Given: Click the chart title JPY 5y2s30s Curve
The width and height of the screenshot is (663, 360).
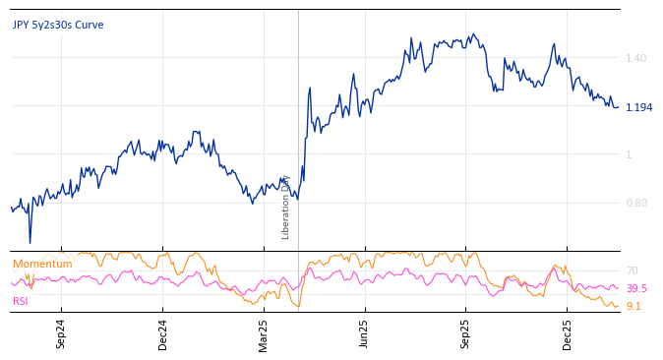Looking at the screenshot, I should [x=58, y=26].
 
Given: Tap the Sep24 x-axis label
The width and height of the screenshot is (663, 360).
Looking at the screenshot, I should [x=61, y=334].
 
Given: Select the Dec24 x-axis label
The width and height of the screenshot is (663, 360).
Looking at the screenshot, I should [x=163, y=334].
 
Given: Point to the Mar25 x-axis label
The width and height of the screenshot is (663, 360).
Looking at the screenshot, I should [x=264, y=334].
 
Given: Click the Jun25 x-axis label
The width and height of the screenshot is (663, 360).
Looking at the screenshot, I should [x=365, y=334].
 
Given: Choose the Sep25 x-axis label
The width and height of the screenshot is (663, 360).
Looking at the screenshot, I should [x=466, y=334].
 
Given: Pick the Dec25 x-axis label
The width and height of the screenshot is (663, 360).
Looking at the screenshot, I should [x=568, y=334].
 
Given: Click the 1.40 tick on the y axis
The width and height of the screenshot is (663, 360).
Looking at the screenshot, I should [x=636, y=59].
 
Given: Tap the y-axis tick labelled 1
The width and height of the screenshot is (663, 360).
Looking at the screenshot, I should [x=630, y=154].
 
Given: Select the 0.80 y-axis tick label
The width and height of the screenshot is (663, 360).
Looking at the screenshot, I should [x=636, y=204].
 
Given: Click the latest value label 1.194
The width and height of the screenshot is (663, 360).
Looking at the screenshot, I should [x=638, y=108].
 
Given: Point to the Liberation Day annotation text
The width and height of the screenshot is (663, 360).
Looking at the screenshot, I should [x=286, y=207].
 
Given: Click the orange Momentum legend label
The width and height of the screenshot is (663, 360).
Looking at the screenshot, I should [x=42, y=265].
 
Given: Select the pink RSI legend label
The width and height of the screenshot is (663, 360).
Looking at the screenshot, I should [x=21, y=301].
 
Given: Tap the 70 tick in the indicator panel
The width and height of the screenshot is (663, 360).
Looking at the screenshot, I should [x=632, y=270].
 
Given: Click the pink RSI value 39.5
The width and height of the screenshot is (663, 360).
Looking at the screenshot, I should [x=636, y=288].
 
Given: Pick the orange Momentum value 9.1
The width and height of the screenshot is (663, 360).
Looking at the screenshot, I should [x=633, y=307].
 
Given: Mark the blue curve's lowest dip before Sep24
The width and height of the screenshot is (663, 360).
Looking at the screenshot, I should [x=30, y=242].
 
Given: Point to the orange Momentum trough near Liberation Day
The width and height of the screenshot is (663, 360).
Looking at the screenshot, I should [x=297, y=307].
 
